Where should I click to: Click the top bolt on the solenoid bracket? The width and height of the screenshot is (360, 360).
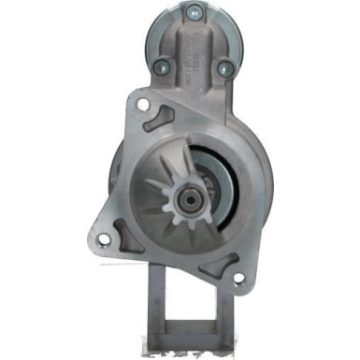tap(193, 12)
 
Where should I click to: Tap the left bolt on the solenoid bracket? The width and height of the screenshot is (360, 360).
tap(160, 66)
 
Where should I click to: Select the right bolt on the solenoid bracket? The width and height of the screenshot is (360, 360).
tap(223, 68)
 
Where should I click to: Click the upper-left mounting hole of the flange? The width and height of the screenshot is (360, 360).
tap(142, 105)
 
